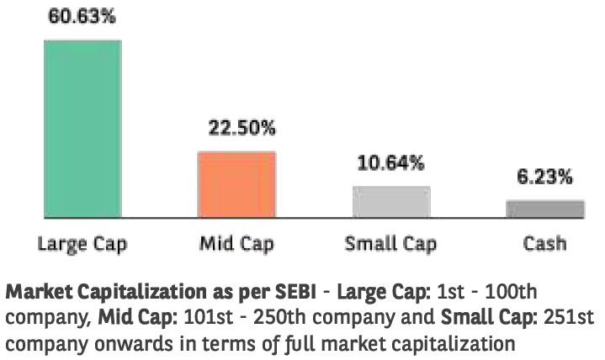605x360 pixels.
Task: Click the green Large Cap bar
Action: click(x=82, y=128)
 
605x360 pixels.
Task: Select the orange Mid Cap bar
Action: click(x=236, y=184)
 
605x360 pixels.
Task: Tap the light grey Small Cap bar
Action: click(x=390, y=202)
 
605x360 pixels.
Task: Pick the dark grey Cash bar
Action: click(x=544, y=209)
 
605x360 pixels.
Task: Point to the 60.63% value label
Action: click(x=82, y=16)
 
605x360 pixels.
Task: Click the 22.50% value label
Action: click(x=242, y=129)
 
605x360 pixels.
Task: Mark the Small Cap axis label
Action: click(x=390, y=245)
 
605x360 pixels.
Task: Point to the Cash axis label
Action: click(x=544, y=244)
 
